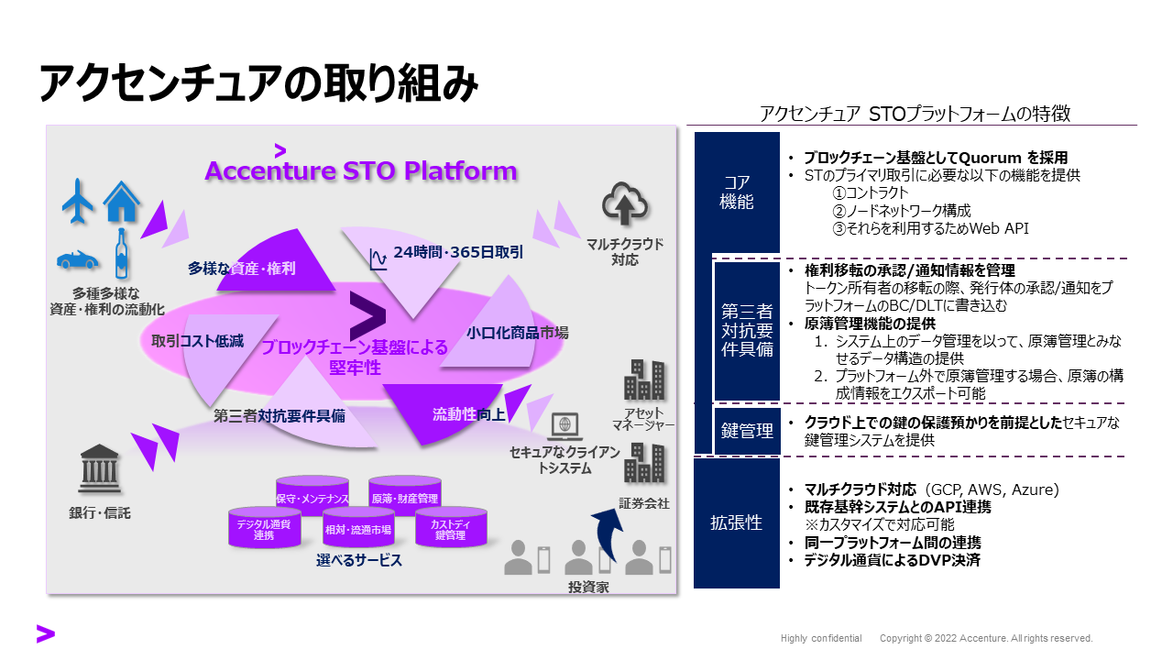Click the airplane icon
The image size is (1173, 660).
(79, 201)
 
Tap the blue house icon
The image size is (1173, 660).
(122, 201)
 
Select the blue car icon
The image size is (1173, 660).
(77, 259)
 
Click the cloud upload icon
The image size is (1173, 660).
(625, 204)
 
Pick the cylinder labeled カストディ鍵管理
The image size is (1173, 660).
(450, 527)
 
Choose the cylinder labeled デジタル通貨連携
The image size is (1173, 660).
(264, 527)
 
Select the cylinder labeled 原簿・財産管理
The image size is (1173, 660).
(404, 496)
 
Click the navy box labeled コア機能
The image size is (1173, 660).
(737, 192)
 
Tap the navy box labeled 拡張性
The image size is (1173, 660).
(737, 522)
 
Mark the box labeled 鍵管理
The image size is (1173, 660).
(747, 429)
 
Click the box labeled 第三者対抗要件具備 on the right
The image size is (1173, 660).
(747, 329)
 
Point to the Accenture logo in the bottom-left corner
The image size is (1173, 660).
(45, 633)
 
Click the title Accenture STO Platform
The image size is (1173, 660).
(360, 170)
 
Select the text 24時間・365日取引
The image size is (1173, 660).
(458, 252)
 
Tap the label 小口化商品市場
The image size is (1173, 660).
(517, 333)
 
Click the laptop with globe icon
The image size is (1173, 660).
(565, 425)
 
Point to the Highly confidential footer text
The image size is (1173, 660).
(821, 638)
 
